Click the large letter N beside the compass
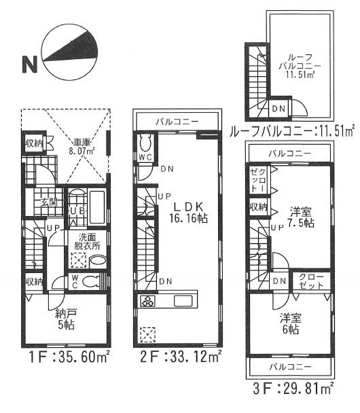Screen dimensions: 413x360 click(29, 65)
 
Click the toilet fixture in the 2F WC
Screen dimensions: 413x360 click(145, 143)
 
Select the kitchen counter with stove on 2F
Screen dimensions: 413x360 click(168, 301)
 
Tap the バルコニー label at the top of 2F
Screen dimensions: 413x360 click(178, 121)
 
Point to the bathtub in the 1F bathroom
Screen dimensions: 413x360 click(96, 204)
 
